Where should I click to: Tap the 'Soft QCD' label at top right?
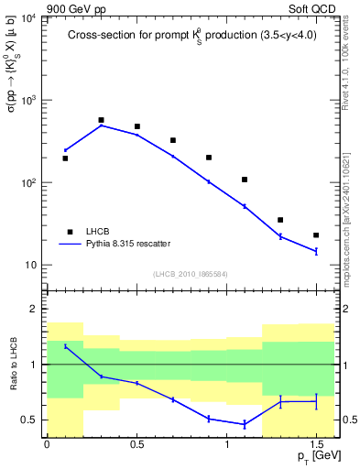[311, 6]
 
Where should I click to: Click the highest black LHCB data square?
[101, 120]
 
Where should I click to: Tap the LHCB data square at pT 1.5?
[316, 235]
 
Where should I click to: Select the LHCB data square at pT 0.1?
[65, 158]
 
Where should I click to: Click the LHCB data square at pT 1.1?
[245, 180]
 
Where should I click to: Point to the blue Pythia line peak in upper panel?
[101, 125]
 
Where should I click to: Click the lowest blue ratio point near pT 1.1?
[245, 424]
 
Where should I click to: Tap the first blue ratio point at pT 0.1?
[65, 346]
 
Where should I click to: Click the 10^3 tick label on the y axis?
[30, 101]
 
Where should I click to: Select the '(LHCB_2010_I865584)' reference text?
[190, 274]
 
